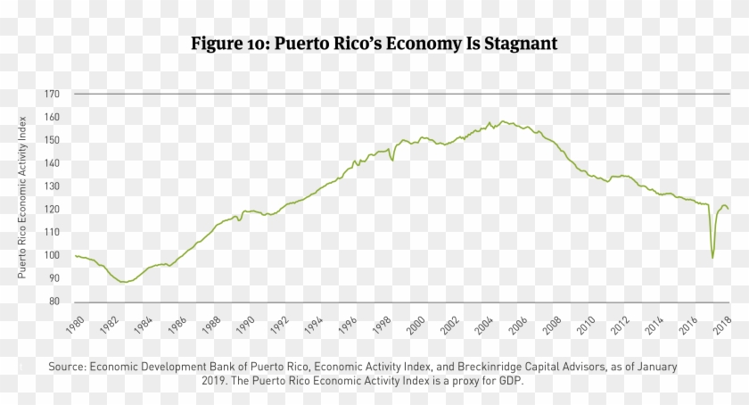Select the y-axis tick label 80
point(53,302)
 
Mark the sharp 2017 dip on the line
point(712,258)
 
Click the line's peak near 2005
point(504,121)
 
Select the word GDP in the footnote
point(513,379)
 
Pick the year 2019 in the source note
point(216,379)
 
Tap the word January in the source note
point(654,367)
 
